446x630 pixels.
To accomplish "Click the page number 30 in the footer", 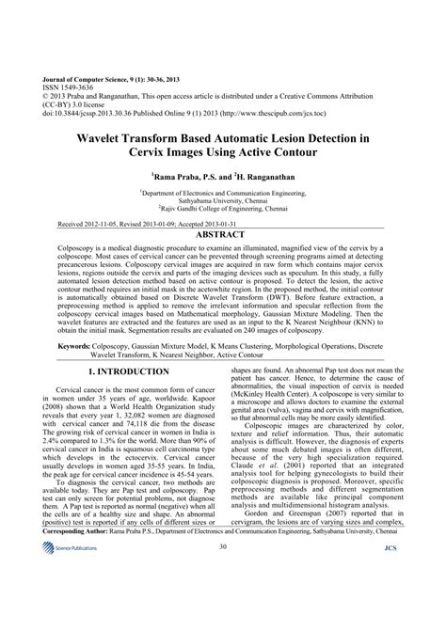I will [x=223, y=598].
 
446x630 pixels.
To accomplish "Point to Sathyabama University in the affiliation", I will [x=223, y=200].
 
